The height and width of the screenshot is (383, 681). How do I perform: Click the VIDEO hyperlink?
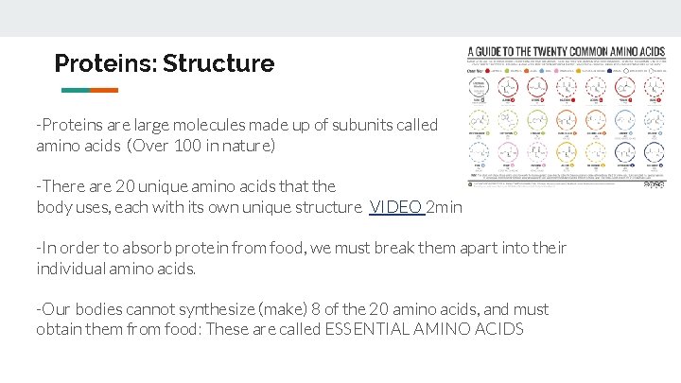395,207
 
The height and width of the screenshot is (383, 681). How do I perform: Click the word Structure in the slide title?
218,64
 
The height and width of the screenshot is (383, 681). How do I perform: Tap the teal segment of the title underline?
75,91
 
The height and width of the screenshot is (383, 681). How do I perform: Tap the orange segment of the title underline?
104,91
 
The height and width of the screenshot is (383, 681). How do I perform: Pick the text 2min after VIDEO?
445,207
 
